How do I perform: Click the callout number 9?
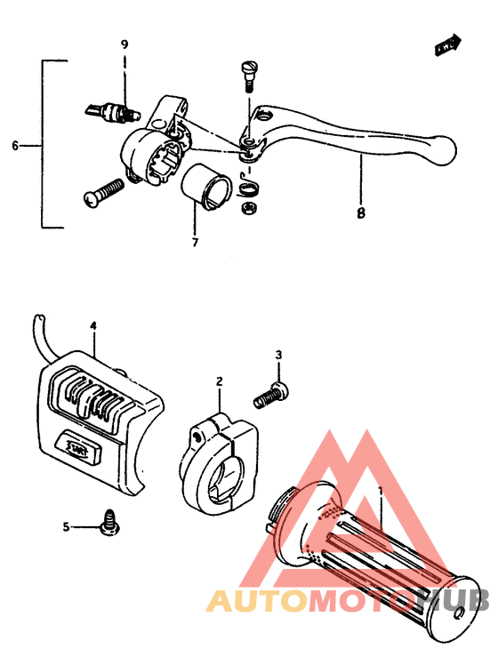click(x=124, y=44)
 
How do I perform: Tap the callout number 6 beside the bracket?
click(x=15, y=145)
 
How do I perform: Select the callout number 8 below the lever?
click(x=361, y=213)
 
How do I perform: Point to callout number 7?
click(x=195, y=241)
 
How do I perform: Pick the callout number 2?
click(x=219, y=381)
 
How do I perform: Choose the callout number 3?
click(x=277, y=357)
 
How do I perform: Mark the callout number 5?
click(x=66, y=527)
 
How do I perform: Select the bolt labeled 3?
click(x=268, y=395)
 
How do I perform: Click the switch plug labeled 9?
click(x=111, y=111)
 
